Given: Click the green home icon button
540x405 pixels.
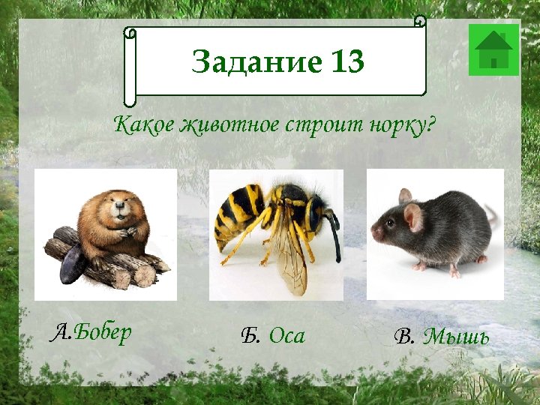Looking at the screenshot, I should [x=493, y=49].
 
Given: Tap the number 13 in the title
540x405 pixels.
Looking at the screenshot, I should [x=346, y=62].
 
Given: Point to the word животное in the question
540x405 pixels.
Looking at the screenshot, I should [x=228, y=124].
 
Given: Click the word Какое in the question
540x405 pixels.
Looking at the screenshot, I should [x=143, y=124].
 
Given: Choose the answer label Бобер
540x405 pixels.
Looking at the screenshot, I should [x=103, y=332].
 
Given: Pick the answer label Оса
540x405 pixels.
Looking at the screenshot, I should [x=287, y=336].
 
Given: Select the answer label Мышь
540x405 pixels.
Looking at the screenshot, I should [x=456, y=337].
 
